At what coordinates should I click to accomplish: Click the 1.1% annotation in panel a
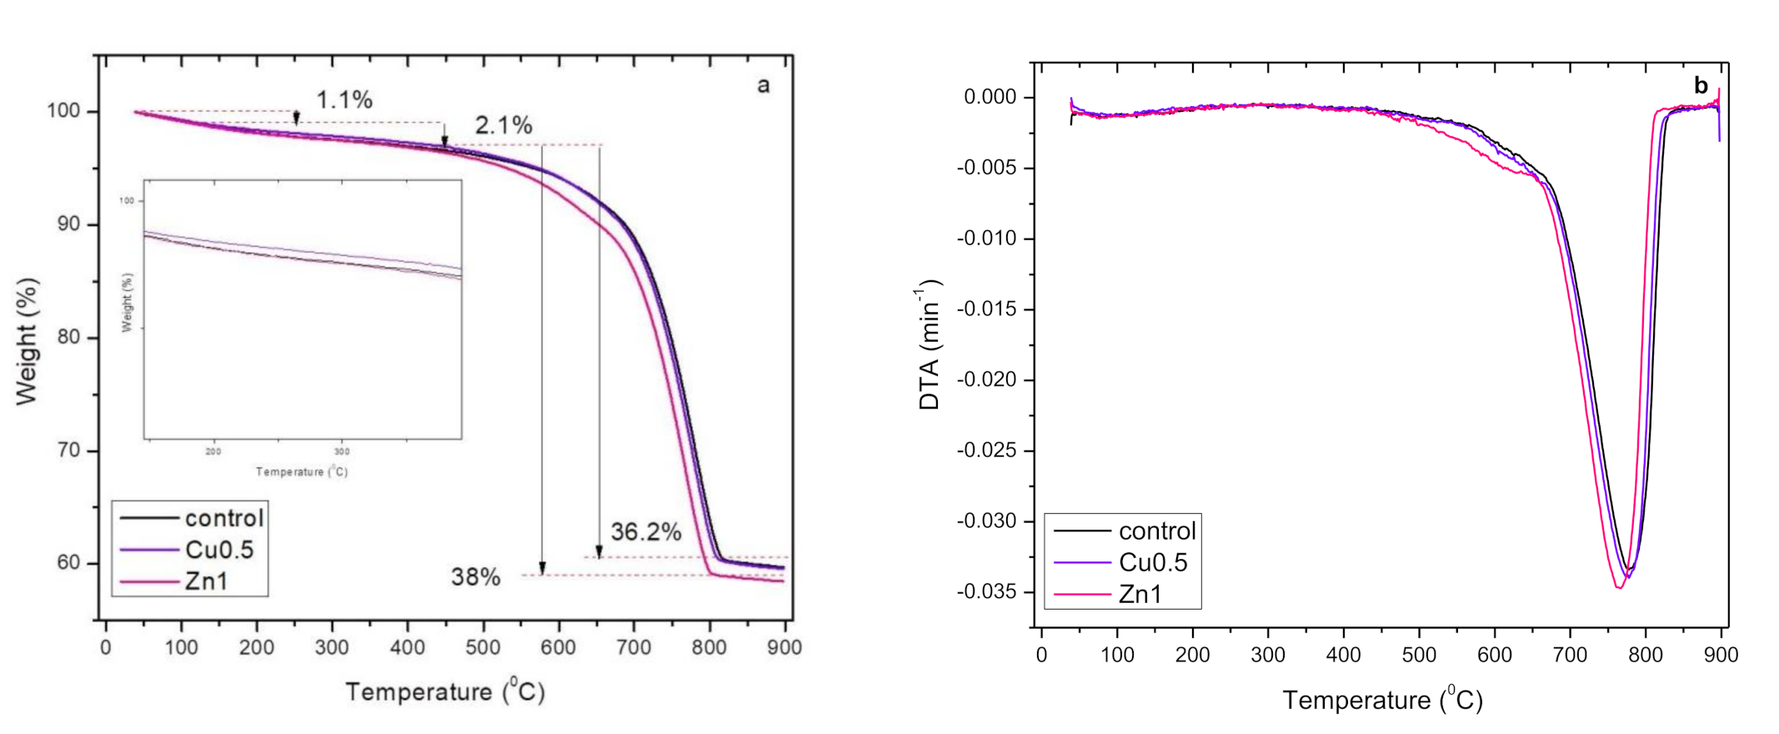[343, 100]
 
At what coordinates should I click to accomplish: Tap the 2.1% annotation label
[504, 126]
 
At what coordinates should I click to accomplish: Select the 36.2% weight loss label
[645, 532]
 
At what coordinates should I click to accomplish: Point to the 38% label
[475, 577]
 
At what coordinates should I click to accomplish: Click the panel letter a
[763, 85]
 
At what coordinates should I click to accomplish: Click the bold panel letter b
[1701, 86]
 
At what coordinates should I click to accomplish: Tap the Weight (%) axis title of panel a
[27, 342]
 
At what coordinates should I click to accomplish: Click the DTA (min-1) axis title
[930, 344]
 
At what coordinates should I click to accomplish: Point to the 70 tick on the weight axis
[69, 450]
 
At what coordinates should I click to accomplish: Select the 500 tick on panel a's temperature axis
[483, 647]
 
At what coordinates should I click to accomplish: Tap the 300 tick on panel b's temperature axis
[1267, 656]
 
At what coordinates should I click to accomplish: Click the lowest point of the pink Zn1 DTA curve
[1619, 588]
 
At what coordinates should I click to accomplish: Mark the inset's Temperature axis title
[302, 472]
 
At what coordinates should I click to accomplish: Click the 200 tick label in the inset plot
[213, 452]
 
